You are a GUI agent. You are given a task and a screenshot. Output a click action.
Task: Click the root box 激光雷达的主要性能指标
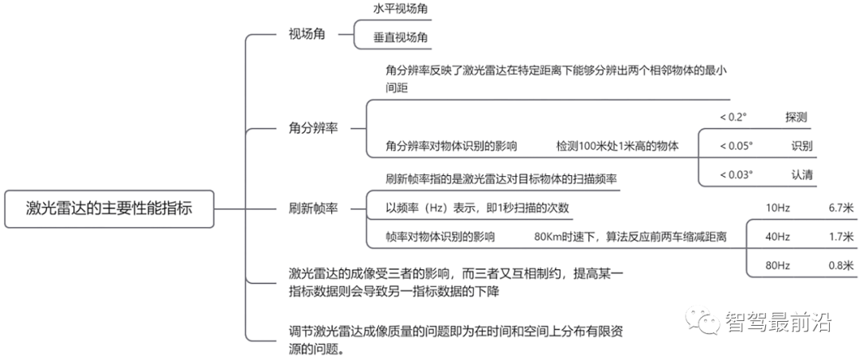click(x=108, y=209)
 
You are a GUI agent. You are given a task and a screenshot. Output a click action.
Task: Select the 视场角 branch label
click(x=307, y=34)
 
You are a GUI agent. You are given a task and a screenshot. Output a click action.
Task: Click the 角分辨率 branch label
click(x=313, y=129)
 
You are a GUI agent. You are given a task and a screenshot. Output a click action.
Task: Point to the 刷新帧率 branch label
click(x=313, y=209)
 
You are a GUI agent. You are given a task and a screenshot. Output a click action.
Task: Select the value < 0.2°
click(x=734, y=117)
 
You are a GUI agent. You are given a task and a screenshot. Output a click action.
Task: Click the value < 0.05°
click(x=737, y=146)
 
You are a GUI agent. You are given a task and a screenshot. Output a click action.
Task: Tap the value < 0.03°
click(x=737, y=174)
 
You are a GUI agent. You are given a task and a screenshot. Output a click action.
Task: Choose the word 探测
click(x=795, y=117)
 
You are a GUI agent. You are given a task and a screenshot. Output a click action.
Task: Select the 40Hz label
click(x=778, y=237)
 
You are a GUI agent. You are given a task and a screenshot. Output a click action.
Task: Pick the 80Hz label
click(x=778, y=265)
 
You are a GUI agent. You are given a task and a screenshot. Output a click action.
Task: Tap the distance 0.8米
click(x=842, y=265)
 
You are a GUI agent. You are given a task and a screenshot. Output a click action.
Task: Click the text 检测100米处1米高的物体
click(x=618, y=146)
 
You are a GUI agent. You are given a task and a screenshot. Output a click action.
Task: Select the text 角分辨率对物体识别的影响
click(x=451, y=146)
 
